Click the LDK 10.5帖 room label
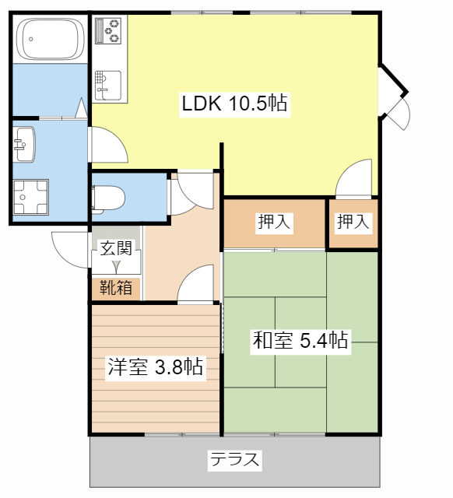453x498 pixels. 234,103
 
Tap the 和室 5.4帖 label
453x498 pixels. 299,340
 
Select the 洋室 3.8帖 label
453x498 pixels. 156,366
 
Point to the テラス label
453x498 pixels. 234,459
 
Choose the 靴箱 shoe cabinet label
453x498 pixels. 116,288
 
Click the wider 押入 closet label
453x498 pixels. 274,223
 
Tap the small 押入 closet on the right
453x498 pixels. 353,223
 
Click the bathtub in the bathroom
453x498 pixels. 50,39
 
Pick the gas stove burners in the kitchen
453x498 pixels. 109,32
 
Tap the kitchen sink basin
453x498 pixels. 107,83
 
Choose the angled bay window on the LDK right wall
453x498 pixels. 395,97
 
